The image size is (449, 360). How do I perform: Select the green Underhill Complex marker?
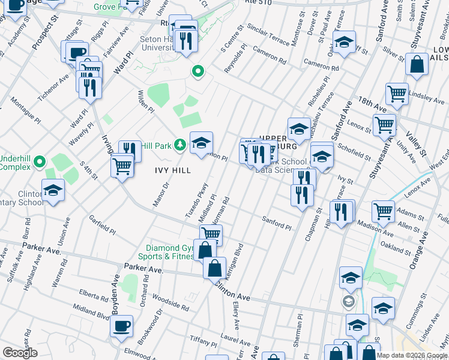[x=40, y=162]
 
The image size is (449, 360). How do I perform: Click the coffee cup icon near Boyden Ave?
[x=121, y=326]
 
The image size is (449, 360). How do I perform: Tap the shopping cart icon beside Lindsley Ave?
[x=397, y=93]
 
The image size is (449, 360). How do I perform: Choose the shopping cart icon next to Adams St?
[x=384, y=211]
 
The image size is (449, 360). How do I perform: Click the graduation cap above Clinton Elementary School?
[x=53, y=190]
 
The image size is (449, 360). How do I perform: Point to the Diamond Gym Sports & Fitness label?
[x=170, y=253]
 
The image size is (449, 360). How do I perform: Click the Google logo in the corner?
[x=19, y=353]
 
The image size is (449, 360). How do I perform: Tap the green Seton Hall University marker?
[x=197, y=73]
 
